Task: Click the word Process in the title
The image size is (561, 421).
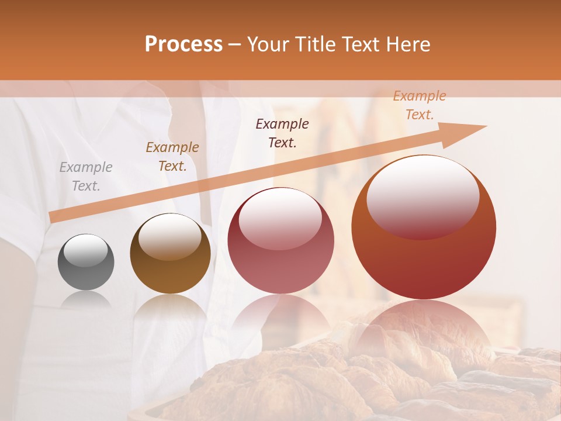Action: pyautogui.click(x=183, y=44)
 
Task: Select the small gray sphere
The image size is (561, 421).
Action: pyautogui.click(x=86, y=262)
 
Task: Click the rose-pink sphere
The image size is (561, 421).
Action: pyautogui.click(x=281, y=241)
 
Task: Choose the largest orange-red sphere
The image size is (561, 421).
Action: pyautogui.click(x=424, y=227)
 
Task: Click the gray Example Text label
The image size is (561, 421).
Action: pyautogui.click(x=86, y=177)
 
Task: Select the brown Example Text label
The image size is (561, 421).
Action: pyautogui.click(x=172, y=157)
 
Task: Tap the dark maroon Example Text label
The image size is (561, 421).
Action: pyautogui.click(x=282, y=133)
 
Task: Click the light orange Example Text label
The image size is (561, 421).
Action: pyautogui.click(x=420, y=105)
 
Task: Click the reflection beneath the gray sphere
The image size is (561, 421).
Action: pyautogui.click(x=86, y=301)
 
